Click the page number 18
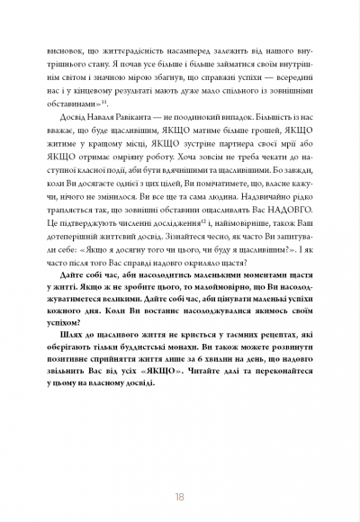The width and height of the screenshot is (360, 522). [180, 469]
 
